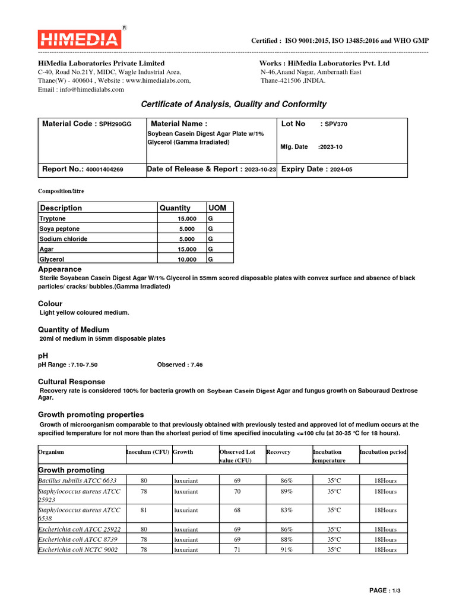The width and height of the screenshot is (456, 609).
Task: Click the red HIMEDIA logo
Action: [80, 39]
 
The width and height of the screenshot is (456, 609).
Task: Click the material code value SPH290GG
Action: [115, 124]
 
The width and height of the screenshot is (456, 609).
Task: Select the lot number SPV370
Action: [336, 124]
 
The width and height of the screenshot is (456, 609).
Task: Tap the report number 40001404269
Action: [104, 169]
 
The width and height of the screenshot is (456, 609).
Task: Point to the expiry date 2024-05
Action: [341, 169]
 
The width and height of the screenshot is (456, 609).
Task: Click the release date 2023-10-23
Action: [260, 169]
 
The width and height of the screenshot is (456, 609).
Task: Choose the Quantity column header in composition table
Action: [175, 208]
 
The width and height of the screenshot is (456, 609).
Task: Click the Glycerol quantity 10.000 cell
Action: [187, 259]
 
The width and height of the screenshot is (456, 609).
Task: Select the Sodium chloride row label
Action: [63, 239]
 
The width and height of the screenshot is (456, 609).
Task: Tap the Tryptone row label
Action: [52, 219]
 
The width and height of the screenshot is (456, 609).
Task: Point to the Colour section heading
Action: [50, 303]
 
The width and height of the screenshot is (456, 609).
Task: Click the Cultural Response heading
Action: [71, 382]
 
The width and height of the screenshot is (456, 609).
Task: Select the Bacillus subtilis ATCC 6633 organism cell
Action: [77, 480]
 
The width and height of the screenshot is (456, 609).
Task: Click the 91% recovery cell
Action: [287, 550]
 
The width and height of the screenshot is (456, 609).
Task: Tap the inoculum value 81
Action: [144, 510]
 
